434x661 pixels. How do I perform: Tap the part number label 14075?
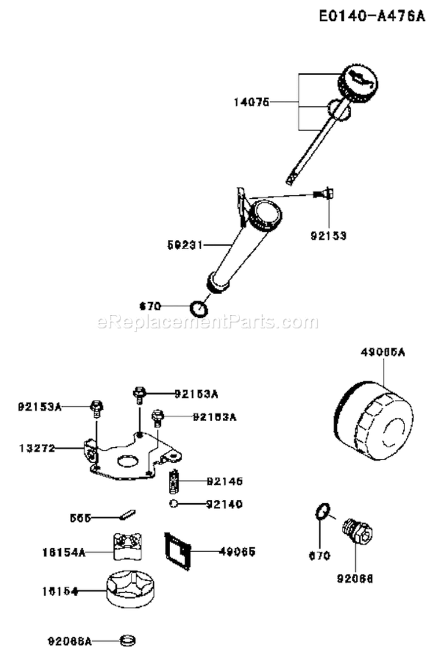[251, 102]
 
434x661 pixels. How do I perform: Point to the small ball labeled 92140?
[173, 503]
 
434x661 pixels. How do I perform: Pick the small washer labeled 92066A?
[128, 641]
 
